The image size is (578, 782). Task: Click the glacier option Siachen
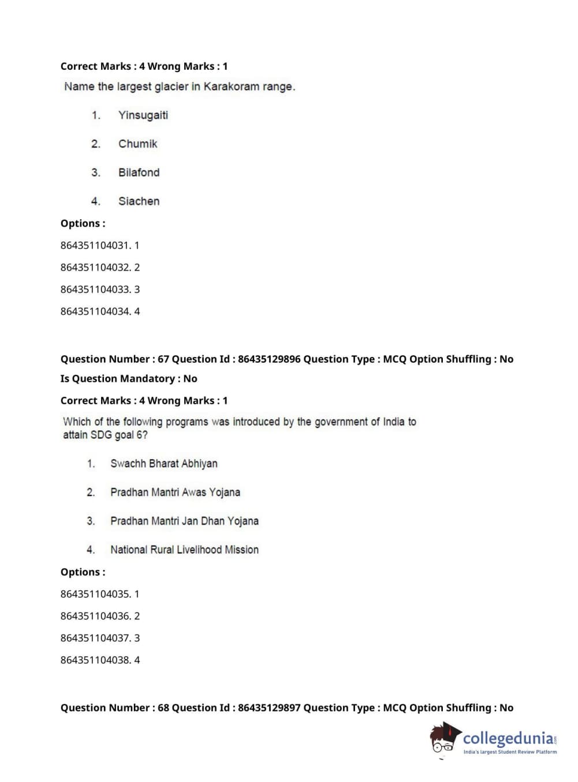pyautogui.click(x=139, y=201)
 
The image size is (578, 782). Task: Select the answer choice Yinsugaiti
pyautogui.click(x=143, y=115)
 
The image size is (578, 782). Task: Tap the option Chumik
pyautogui.click(x=137, y=144)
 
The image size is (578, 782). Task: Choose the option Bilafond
pyautogui.click(x=139, y=172)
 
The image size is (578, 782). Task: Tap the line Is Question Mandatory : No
pyautogui.click(x=129, y=379)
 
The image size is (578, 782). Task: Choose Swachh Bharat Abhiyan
pyautogui.click(x=163, y=464)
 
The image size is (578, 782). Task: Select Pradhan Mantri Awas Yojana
pyautogui.click(x=175, y=492)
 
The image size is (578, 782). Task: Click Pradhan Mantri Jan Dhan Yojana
pyautogui.click(x=184, y=521)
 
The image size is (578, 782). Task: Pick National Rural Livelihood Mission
pyautogui.click(x=184, y=550)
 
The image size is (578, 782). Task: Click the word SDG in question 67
pyautogui.click(x=100, y=435)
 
